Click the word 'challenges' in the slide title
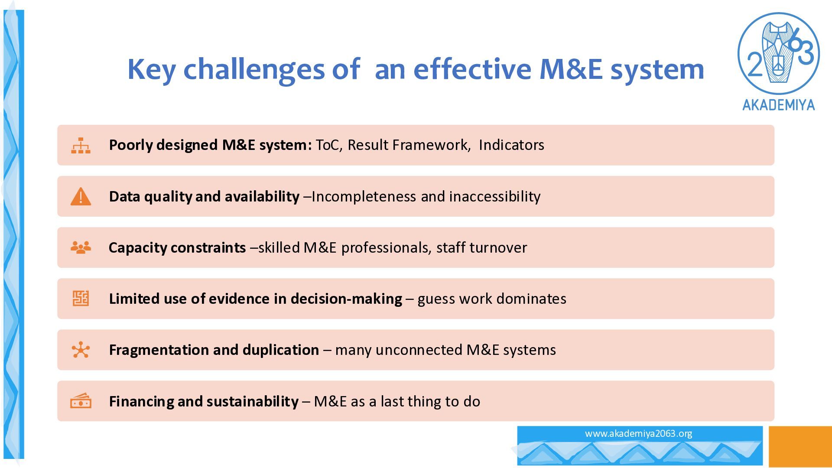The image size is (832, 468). click(x=254, y=69)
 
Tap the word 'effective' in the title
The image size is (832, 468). click(x=472, y=69)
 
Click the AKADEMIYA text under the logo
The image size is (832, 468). click(x=779, y=105)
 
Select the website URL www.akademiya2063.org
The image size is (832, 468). click(x=638, y=433)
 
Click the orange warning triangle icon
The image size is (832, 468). click(x=81, y=197)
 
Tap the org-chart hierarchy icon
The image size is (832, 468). click(x=81, y=146)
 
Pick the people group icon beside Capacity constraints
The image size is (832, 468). click(x=81, y=247)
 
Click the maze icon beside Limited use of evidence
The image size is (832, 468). click(x=81, y=299)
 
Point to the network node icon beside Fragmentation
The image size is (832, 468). click(x=81, y=350)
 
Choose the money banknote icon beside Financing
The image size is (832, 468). click(x=81, y=401)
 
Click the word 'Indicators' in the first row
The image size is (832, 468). click(x=511, y=145)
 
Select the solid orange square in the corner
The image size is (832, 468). click(x=800, y=446)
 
